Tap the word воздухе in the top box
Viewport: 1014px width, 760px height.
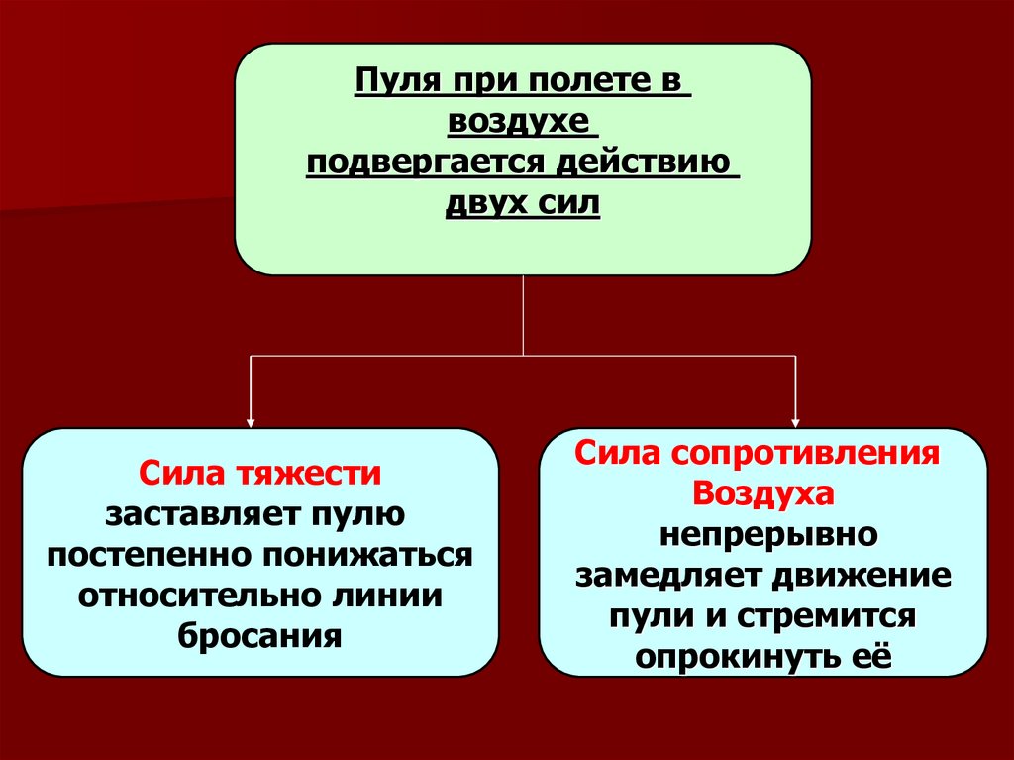(523, 122)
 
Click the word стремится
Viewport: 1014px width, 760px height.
(827, 615)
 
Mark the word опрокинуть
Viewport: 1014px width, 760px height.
(731, 656)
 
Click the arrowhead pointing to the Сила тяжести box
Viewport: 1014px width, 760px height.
(251, 419)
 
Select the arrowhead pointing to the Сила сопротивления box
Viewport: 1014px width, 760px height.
(795, 419)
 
